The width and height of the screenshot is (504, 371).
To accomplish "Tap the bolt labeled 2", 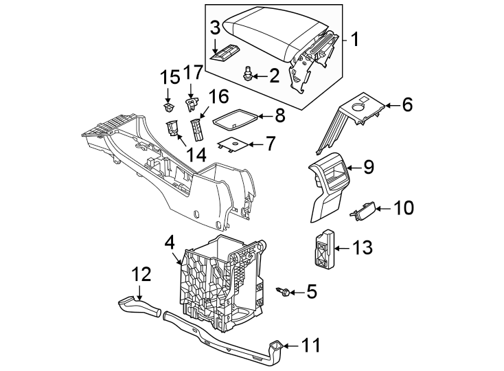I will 248,74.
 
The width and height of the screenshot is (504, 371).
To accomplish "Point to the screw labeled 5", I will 284,292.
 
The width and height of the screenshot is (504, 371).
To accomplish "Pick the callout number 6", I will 406,105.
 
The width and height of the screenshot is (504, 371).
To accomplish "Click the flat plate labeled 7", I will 233,144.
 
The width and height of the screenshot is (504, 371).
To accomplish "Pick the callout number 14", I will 196,155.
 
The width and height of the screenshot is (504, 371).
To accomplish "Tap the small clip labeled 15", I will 168,107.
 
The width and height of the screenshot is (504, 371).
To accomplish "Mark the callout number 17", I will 194,72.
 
